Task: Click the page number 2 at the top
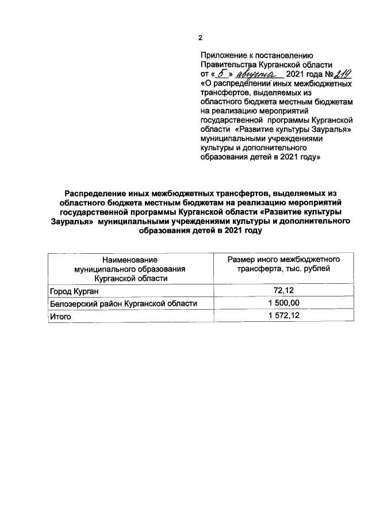click(x=201, y=38)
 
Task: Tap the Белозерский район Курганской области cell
click(x=122, y=303)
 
